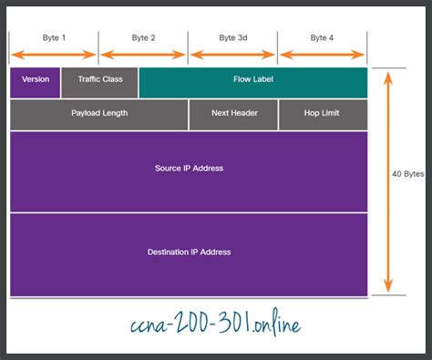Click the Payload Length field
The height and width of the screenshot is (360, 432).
[x=99, y=114]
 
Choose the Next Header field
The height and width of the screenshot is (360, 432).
[x=233, y=114]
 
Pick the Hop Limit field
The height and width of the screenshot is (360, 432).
[x=323, y=114]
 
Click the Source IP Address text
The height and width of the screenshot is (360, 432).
[x=189, y=169]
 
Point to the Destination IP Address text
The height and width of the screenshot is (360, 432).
[x=189, y=252]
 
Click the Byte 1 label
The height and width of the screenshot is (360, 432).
[x=54, y=38]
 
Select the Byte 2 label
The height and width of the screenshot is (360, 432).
[x=143, y=38]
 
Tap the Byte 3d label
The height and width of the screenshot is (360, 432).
[x=233, y=38]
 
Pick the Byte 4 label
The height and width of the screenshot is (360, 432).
[x=322, y=38]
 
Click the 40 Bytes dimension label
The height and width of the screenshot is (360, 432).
[x=406, y=173]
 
